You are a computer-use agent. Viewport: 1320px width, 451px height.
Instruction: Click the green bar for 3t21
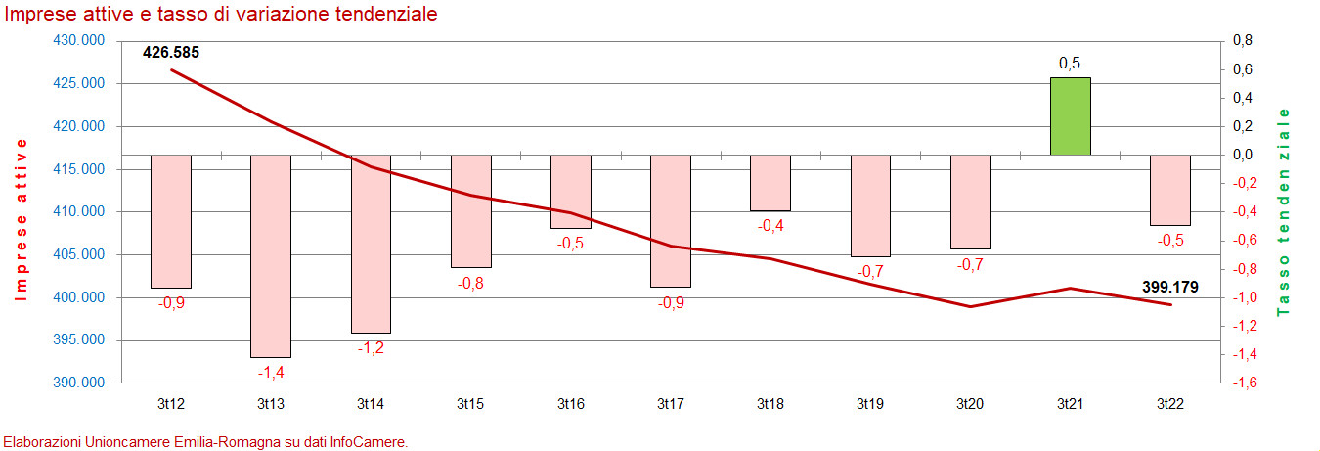pos(1070,116)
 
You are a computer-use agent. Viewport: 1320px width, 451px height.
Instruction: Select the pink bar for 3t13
pos(271,255)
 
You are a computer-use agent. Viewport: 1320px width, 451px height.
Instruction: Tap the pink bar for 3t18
pos(770,183)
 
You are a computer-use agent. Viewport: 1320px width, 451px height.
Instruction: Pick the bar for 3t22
pos(1170,190)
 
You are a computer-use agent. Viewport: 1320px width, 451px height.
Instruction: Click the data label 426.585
pos(171,53)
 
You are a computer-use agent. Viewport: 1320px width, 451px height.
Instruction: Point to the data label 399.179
pos(1170,288)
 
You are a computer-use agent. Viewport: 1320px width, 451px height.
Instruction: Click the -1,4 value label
pos(271,372)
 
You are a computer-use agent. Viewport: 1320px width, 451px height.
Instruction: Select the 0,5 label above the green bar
pos(1070,64)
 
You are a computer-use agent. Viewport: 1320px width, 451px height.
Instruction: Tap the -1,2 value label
pos(371,347)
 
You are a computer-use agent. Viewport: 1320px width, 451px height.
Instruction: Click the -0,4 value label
pos(770,225)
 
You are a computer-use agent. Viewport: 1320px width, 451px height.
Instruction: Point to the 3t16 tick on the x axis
pos(571,403)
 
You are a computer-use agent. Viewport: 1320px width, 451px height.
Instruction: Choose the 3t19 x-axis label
pos(870,403)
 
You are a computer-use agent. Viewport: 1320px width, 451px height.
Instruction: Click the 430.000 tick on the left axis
pos(78,41)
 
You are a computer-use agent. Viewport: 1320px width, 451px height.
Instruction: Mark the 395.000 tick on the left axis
pos(78,340)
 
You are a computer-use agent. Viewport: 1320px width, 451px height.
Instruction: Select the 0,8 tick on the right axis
pos(1243,41)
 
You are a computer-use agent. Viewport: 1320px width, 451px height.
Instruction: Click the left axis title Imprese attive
pos(20,219)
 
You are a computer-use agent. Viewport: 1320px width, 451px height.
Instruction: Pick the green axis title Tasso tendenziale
pos(1284,211)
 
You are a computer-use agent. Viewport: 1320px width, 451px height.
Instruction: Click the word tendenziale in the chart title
pos(380,15)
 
